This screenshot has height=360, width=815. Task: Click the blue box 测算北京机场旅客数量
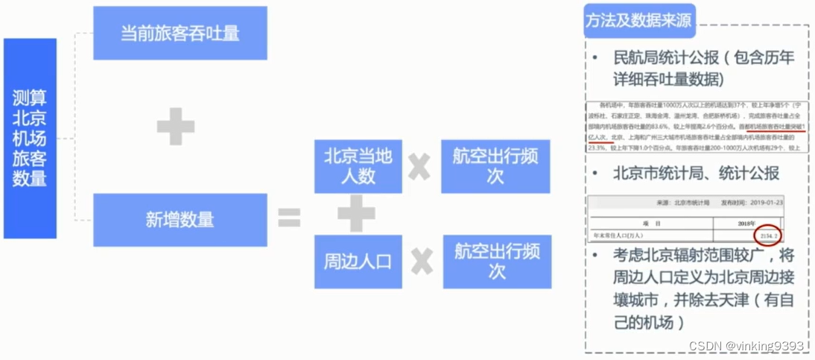tap(30, 139)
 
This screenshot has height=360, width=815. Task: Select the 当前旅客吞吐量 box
tap(180, 34)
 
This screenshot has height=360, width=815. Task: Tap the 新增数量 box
tap(180, 219)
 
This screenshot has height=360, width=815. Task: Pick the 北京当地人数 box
tap(358, 166)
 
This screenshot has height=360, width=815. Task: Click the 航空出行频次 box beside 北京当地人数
tap(495, 166)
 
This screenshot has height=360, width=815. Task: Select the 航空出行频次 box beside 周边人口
tap(497, 262)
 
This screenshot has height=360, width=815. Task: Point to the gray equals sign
tap(289, 218)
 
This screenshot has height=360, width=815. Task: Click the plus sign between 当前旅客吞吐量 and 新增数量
tap(176, 127)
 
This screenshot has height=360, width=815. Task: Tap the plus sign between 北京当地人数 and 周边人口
tap(356, 214)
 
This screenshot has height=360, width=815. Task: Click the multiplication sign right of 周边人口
tap(421, 262)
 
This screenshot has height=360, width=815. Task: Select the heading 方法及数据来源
tap(639, 22)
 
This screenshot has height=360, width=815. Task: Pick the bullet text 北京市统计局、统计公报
tap(696, 174)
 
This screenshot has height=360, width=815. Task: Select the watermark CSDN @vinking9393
tap(746, 347)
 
